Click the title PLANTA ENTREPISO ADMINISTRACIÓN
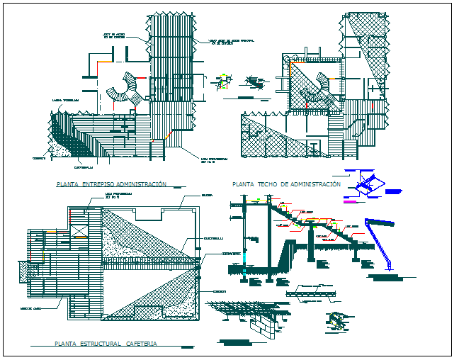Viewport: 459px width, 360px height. tap(111, 184)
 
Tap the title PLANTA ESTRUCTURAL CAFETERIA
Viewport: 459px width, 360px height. tap(106, 344)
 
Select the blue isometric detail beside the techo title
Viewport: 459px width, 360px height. tap(368, 184)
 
